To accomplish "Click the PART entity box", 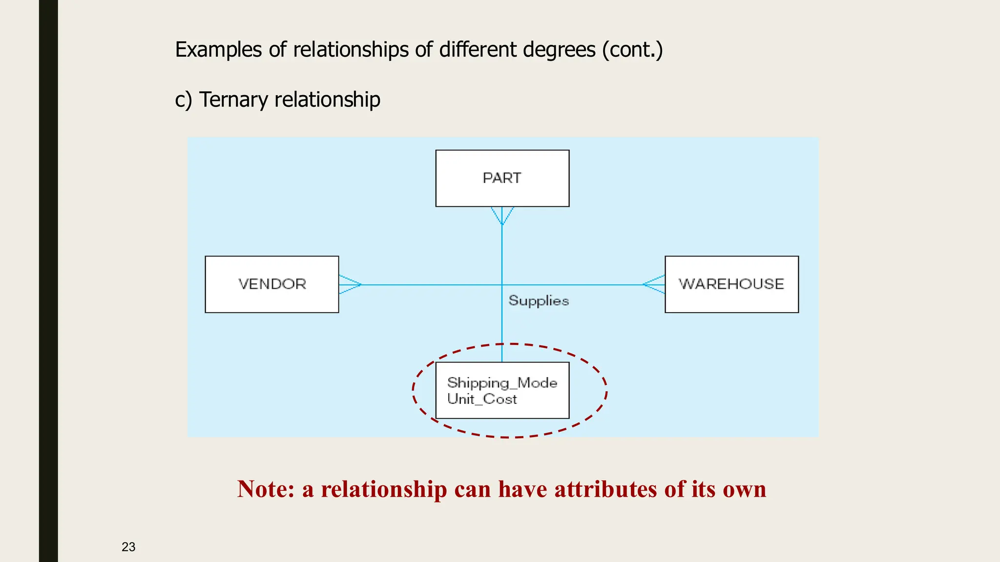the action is [x=502, y=178].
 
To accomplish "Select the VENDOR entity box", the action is [x=272, y=284].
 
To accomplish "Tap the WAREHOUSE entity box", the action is [x=731, y=284].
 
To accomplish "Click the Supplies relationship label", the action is [x=539, y=301].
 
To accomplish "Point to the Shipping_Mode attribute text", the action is [x=502, y=382].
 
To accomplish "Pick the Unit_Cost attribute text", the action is [x=482, y=399].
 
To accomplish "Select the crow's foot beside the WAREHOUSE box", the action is [x=654, y=284].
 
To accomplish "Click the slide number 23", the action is [x=128, y=547].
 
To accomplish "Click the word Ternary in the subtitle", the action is [x=233, y=100].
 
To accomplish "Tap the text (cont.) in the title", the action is [x=632, y=50].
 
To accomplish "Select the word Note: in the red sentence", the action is [x=266, y=489].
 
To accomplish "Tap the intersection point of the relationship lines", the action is [x=502, y=285].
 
